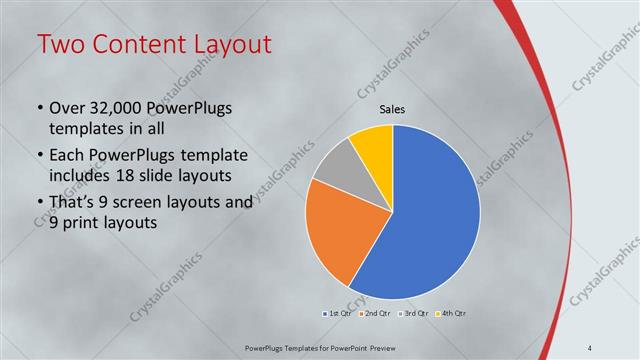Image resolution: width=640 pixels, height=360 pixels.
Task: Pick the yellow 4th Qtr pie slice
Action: (x=374, y=141)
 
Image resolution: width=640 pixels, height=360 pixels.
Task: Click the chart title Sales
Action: (x=392, y=110)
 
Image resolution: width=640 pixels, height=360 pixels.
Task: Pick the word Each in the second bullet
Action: (x=67, y=155)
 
